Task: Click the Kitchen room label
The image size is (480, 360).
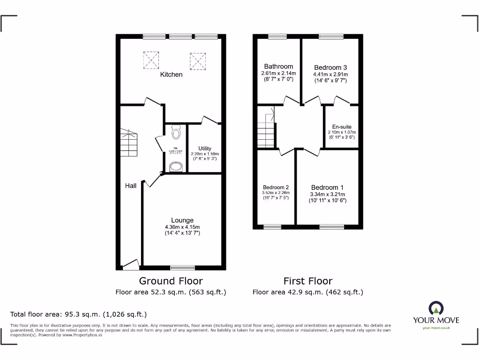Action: (171, 75)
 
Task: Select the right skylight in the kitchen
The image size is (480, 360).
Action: (197, 60)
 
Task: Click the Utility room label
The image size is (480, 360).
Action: (204, 149)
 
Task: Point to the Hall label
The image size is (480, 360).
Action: (131, 186)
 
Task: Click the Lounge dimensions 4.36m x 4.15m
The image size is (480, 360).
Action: (182, 227)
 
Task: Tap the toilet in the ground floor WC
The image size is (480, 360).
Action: (176, 133)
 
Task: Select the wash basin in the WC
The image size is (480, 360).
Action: (176, 167)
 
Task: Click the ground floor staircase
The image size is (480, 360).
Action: (129, 143)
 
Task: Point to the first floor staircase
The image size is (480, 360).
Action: (266, 131)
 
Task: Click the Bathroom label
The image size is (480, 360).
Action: (278, 67)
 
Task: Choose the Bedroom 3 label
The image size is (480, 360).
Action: (330, 67)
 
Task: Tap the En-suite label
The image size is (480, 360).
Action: (342, 127)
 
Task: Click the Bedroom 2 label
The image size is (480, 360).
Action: (276, 187)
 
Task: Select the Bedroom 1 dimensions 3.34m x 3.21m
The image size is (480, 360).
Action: (328, 195)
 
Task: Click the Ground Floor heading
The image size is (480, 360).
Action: (171, 281)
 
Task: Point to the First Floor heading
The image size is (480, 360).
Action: (307, 281)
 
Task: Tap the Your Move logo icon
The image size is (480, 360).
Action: (436, 308)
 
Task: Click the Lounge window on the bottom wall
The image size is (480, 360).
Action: (182, 268)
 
